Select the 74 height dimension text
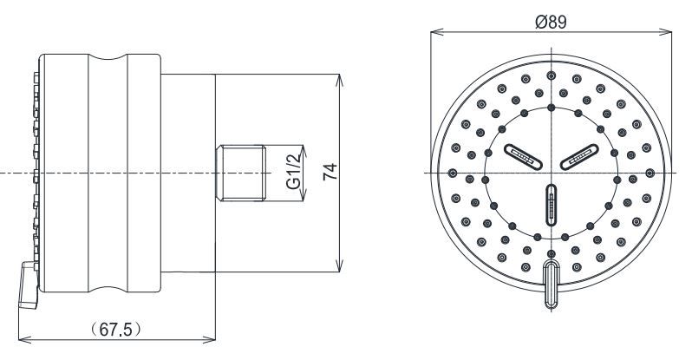[x=330, y=172]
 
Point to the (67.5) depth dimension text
[x=116, y=330]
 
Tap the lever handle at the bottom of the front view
[x=552, y=283]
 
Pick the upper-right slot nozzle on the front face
[x=578, y=155]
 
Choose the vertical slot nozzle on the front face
[x=552, y=206]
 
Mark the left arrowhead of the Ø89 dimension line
[x=434, y=34]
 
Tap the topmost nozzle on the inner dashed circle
[x=552, y=108]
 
